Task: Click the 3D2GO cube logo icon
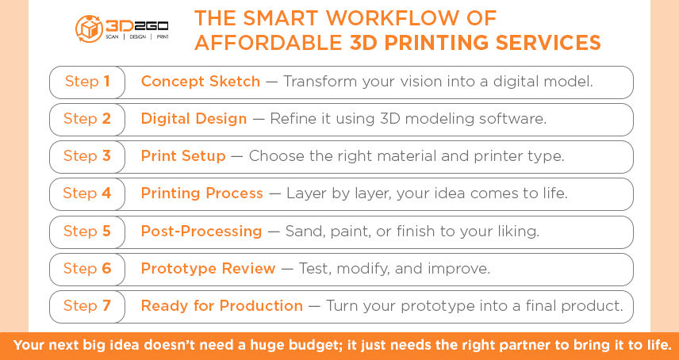click(87, 29)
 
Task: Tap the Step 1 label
click(86, 82)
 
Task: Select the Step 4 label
click(86, 193)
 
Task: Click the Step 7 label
click(86, 306)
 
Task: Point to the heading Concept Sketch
click(200, 82)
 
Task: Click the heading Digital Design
click(194, 119)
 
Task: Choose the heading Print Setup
click(183, 156)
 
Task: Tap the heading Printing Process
click(201, 193)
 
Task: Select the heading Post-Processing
click(201, 232)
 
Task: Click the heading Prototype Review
click(208, 269)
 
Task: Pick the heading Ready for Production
click(221, 306)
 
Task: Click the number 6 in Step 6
click(106, 269)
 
